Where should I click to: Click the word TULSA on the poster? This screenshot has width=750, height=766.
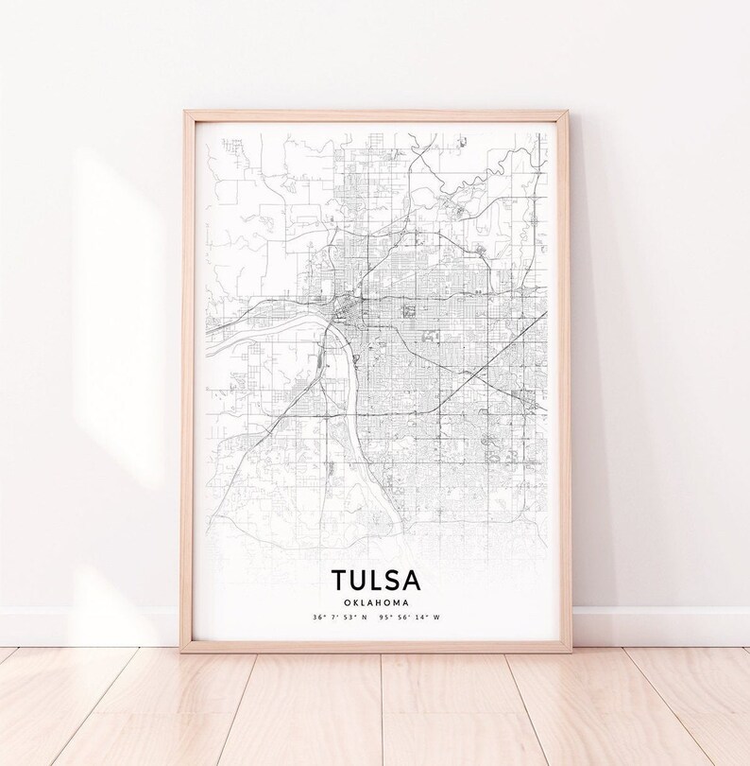(x=376, y=580)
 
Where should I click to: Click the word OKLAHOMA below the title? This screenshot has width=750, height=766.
(x=376, y=601)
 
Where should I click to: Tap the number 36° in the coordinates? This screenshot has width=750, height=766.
(x=315, y=618)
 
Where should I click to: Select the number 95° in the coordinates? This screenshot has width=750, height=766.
(x=383, y=618)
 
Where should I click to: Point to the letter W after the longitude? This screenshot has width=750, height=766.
(x=436, y=618)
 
